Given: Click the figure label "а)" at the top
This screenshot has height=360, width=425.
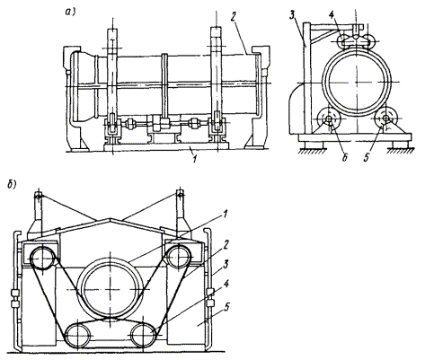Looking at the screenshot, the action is click(x=71, y=12).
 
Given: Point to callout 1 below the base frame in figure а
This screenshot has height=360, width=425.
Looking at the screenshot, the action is click(x=195, y=159).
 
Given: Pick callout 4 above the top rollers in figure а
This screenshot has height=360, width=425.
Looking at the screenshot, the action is click(x=332, y=15).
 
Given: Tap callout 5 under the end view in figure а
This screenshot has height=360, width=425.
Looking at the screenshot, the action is click(x=366, y=158).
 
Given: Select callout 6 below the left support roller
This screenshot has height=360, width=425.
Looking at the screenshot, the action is click(x=345, y=158).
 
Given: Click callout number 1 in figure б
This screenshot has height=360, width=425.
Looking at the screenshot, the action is click(x=225, y=215).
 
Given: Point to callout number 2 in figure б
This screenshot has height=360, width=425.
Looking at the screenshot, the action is click(x=226, y=245).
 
